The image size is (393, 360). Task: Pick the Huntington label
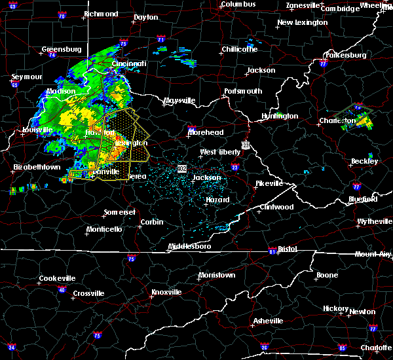coord(280,116)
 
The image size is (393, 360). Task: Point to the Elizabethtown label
coord(37,167)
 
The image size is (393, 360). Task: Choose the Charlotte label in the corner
coord(376,348)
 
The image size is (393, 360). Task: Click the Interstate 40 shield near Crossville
coord(62,290)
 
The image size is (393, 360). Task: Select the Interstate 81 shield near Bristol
coord(272,251)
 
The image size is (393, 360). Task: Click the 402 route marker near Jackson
coord(181,168)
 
